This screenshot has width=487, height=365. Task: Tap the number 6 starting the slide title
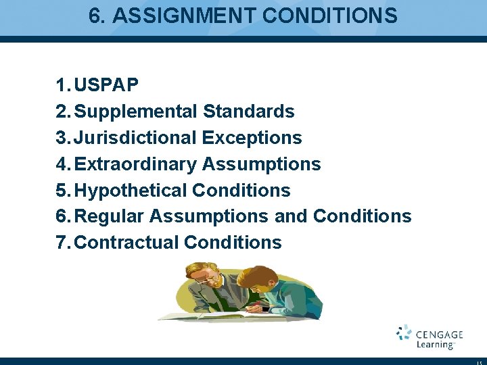point(94,16)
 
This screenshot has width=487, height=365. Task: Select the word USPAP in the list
point(107,85)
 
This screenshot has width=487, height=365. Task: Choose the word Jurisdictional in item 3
point(136,138)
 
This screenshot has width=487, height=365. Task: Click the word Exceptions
point(252,138)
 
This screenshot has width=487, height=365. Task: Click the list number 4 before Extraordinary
point(62,164)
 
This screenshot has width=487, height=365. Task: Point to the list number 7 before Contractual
point(62,243)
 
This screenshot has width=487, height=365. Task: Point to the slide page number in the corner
point(478,362)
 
